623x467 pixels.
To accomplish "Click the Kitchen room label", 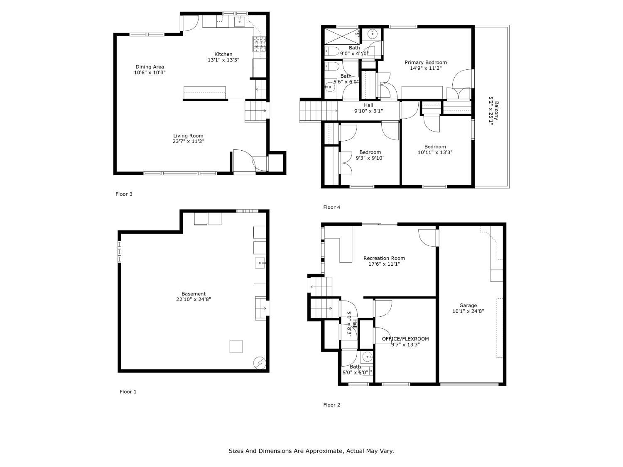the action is click(223, 54).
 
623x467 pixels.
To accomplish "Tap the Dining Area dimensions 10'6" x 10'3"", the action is click(150, 73).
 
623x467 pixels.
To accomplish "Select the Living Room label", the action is click(188, 136).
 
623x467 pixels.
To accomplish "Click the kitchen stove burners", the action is click(260, 44).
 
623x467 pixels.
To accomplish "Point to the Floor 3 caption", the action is click(124, 194).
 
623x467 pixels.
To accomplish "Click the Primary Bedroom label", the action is click(425, 63).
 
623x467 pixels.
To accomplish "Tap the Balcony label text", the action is click(496, 110).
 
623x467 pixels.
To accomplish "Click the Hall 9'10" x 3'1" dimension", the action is click(368, 111).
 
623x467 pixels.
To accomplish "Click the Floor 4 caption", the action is click(331, 207).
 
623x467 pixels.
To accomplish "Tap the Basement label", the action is click(193, 294).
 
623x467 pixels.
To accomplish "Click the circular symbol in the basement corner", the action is click(260, 363).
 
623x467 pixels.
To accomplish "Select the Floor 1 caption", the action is click(128, 391).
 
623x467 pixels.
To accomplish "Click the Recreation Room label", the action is click(384, 258).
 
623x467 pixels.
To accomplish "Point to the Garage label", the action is click(468, 306).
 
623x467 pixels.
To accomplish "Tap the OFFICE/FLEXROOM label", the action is click(405, 339).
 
